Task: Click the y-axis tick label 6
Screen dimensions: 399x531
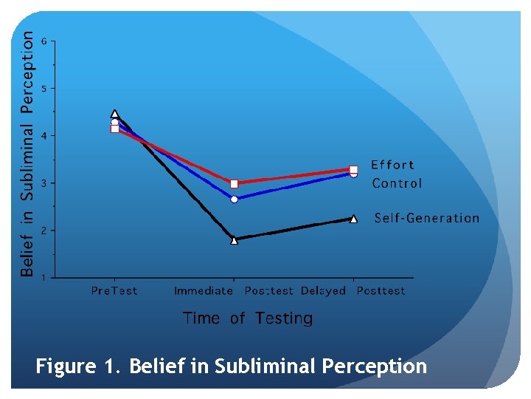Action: click(44, 41)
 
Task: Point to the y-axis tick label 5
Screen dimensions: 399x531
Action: click(44, 89)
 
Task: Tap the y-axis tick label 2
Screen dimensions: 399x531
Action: click(44, 231)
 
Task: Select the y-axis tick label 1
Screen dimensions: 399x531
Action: click(44, 278)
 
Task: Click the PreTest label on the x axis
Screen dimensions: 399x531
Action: click(114, 291)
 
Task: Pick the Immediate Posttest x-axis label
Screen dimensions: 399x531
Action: click(234, 291)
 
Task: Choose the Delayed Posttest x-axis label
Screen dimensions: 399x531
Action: click(353, 291)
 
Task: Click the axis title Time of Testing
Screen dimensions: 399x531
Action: click(248, 318)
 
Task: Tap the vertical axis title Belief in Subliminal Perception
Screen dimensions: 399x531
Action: click(27, 153)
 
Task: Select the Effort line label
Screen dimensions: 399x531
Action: click(392, 165)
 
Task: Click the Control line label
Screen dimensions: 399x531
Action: click(397, 183)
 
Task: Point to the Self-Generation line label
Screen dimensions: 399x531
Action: click(426, 218)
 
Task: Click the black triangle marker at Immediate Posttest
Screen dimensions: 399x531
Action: click(235, 239)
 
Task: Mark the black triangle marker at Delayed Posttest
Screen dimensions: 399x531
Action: click(353, 219)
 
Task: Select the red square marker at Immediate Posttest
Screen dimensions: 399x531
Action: click(235, 183)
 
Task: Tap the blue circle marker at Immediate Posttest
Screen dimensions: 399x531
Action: click(235, 199)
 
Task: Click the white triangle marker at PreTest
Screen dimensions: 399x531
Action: click(115, 114)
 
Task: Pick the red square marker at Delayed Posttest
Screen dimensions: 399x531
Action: click(353, 169)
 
